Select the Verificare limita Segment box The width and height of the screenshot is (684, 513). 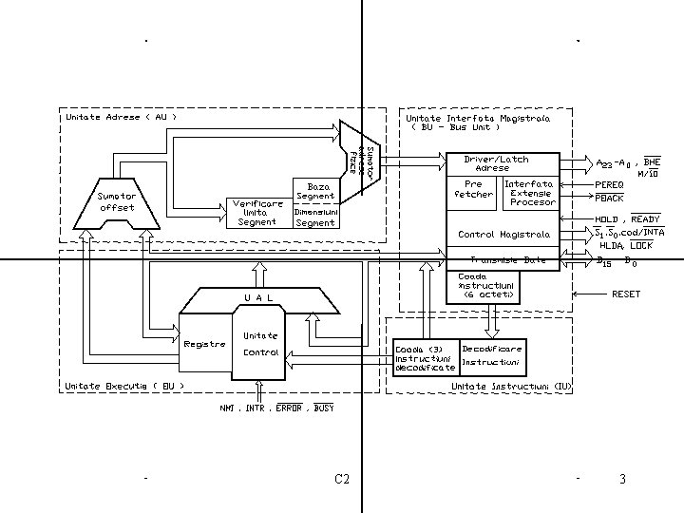pos(257,213)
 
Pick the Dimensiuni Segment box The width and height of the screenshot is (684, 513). pos(315,218)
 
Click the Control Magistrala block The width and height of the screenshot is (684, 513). pos(503,234)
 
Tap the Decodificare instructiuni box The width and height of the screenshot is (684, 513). pos(491,355)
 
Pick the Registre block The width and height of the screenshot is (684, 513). pos(203,344)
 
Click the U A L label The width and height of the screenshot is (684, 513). pos(258,298)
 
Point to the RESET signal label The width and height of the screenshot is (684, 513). pos(626,294)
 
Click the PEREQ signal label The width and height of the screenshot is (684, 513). pos(609,183)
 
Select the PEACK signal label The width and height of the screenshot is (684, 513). pos(609,199)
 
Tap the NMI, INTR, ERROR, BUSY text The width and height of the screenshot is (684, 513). pos(276,408)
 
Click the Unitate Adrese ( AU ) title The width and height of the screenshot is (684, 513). pos(120,117)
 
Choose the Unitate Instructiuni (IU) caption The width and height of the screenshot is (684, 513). pos(512,387)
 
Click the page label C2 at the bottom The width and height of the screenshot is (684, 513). pos(342,479)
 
